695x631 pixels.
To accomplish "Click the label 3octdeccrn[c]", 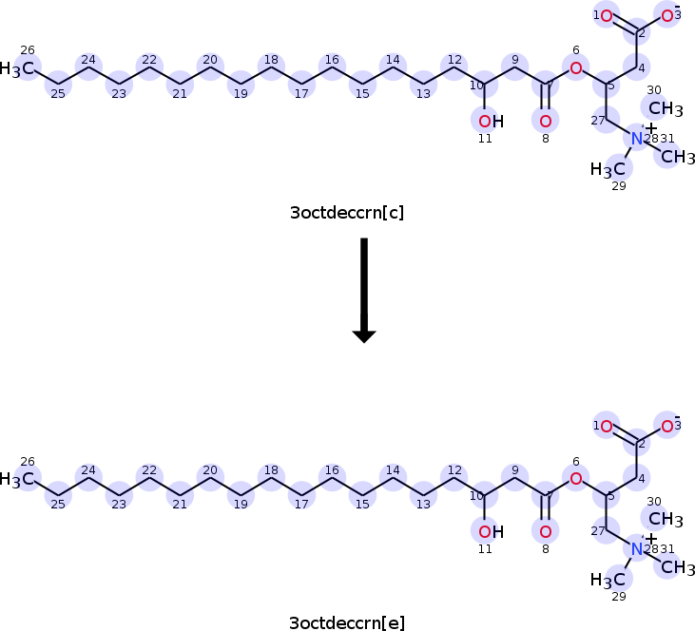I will click(347, 213).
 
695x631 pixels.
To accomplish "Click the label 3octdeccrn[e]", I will click(347, 623).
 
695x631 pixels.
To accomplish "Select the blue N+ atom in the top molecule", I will click(638, 139).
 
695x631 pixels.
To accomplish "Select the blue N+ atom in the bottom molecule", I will click(638, 549).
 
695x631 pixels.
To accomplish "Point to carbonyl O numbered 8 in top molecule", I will click(545, 121).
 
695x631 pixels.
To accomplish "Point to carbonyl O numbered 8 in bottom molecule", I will click(545, 531).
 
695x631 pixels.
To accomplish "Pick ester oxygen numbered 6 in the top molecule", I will click(575, 67).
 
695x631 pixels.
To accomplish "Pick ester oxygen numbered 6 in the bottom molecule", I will click(575, 478).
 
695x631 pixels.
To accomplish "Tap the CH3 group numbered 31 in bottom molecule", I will click(678, 567).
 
